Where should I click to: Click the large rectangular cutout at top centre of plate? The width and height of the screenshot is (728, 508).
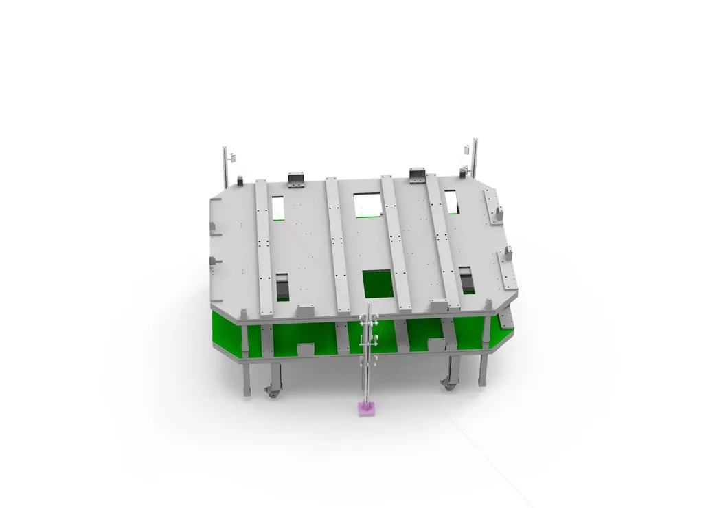[x=368, y=204]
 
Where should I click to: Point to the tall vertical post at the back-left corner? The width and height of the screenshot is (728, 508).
[x=225, y=165]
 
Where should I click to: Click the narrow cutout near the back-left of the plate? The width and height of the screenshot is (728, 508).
[x=277, y=207]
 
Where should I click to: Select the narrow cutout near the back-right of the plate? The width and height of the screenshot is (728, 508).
[x=453, y=201]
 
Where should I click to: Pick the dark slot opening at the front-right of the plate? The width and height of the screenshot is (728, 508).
[x=467, y=279]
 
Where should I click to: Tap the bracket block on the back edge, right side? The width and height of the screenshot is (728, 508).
[x=418, y=176]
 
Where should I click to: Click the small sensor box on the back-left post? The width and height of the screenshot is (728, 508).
[x=233, y=156]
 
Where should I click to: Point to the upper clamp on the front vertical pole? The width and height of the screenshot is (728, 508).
[x=369, y=321]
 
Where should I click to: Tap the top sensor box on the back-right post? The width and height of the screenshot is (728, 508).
[x=468, y=147]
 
